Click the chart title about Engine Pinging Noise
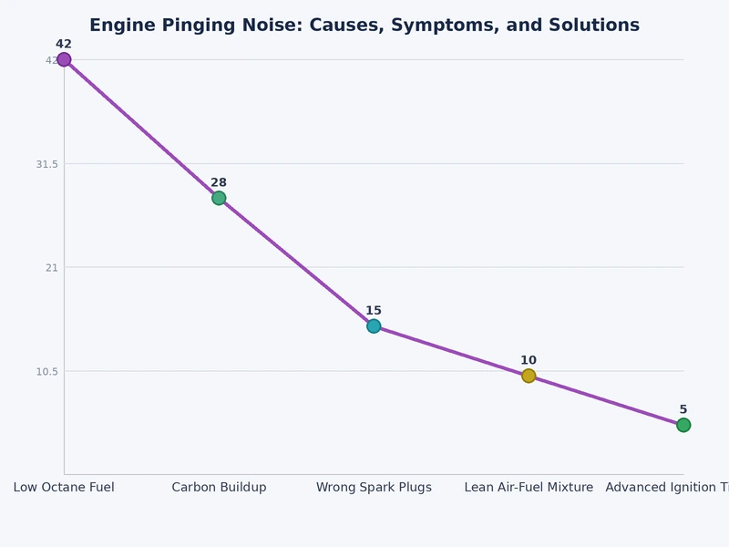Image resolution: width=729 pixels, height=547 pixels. pos(364,26)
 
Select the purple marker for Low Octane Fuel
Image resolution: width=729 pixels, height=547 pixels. pos(64,59)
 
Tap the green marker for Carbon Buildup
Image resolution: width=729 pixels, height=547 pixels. pos(219,198)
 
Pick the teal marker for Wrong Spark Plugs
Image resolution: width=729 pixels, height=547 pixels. pos(374,325)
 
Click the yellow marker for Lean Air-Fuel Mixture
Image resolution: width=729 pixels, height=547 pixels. pos(529,376)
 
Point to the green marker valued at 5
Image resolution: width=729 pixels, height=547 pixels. pos(683,425)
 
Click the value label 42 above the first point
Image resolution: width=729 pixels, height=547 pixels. pos(64,44)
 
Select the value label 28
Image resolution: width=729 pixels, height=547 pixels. pos(219,182)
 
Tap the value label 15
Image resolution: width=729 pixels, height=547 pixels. pos(374,311)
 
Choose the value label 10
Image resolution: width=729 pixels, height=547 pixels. pos(529,360)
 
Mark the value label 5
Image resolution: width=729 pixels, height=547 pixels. pos(683,409)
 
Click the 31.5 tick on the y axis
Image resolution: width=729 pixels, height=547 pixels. pos(46,164)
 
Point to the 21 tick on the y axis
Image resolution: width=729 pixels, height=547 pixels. pos(51,267)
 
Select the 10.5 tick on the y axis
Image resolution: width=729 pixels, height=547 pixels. pos(46,371)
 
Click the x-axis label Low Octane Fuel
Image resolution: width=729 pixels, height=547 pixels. pos(64,488)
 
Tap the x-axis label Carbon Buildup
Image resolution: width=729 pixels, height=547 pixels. pos(219,488)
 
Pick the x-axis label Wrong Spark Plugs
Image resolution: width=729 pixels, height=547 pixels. pos(374,488)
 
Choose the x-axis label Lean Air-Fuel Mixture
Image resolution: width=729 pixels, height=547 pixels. pos(529,488)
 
